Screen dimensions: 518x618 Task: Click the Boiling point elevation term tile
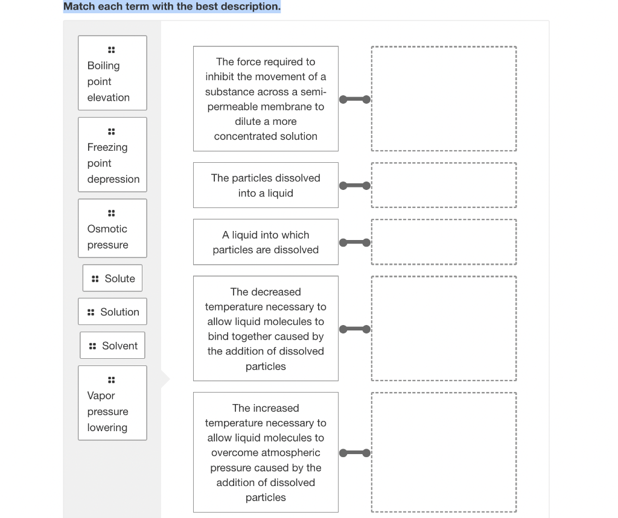[112, 73]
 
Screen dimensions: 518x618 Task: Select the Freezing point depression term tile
[112, 154]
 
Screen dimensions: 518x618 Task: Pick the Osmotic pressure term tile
[112, 229]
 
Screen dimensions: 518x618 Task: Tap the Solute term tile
[113, 278]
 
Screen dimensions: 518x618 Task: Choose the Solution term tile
[113, 312]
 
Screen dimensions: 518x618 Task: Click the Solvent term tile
[113, 346]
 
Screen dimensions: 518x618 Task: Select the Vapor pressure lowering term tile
[112, 403]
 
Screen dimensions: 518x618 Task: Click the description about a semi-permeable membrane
[266, 99]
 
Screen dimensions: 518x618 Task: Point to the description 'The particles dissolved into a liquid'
[266, 185]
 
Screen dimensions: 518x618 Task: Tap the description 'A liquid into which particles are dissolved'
[266, 242]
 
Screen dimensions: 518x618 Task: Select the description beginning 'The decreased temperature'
[266, 329]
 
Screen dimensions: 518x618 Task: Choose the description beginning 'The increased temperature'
[266, 452]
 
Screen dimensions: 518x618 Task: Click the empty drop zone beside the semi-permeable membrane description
[444, 99]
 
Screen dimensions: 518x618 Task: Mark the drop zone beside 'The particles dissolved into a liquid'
[444, 185]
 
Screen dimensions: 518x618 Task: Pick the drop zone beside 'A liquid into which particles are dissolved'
[444, 242]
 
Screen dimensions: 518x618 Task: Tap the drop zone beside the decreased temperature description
[444, 329]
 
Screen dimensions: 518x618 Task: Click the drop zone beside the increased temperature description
[444, 452]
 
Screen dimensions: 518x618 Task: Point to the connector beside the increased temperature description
[355, 453]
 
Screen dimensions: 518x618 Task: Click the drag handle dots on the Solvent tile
[92, 346]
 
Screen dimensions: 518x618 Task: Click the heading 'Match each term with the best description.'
[172, 7]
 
